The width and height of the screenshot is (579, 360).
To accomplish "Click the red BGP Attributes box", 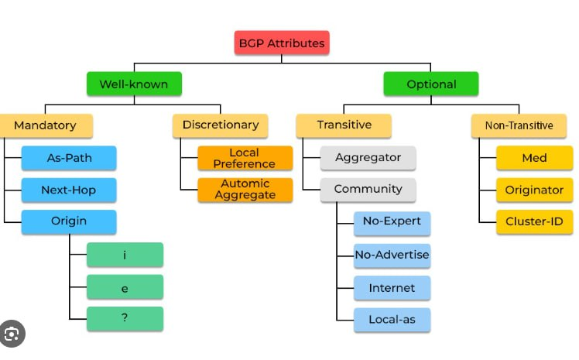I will point(282,43).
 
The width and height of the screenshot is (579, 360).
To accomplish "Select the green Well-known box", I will point(133,84).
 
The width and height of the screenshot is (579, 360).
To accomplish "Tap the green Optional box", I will point(431,84).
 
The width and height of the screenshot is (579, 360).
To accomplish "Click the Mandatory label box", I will point(45,125).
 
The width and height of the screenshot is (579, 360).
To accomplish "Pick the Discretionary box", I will point(220,125).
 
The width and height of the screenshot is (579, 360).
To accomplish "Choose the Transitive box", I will point(344,125).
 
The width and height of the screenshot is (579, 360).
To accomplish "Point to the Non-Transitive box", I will point(519,125).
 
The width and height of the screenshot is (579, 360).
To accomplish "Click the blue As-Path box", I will point(69,157).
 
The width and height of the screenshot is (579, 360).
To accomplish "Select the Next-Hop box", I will point(69,190).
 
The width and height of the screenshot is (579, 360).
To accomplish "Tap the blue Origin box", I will point(69,221).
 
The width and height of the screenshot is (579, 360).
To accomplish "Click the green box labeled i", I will point(125,255).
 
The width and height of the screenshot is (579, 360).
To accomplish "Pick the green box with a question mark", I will point(125,318).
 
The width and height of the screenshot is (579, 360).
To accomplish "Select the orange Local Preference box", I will point(245,158).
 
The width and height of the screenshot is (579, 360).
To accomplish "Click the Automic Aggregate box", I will point(245,190).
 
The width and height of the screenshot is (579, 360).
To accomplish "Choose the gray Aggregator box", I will point(368,157).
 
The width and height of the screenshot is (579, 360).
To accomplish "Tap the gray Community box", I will point(368,189).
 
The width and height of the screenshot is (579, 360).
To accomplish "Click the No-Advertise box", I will point(392,255).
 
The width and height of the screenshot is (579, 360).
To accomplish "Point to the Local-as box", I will point(392,319).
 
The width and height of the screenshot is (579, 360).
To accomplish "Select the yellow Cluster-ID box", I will point(534,221).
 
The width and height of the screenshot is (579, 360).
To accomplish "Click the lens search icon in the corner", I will point(13,334).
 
